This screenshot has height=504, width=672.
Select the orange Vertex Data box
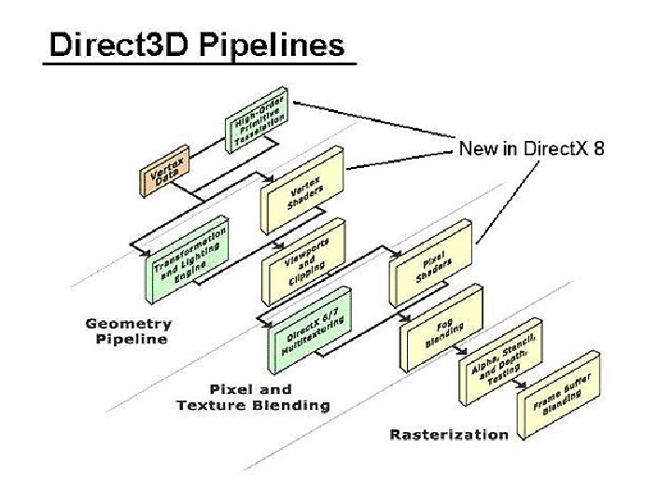pyautogui.click(x=164, y=172)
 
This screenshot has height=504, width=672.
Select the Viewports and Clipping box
pyautogui.click(x=303, y=260)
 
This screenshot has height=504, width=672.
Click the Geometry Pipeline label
pyautogui.click(x=129, y=331)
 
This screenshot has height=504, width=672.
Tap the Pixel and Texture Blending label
pyautogui.click(x=252, y=397)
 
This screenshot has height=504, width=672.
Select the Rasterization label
pyautogui.click(x=449, y=433)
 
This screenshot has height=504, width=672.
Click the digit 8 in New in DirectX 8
pyautogui.click(x=597, y=148)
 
